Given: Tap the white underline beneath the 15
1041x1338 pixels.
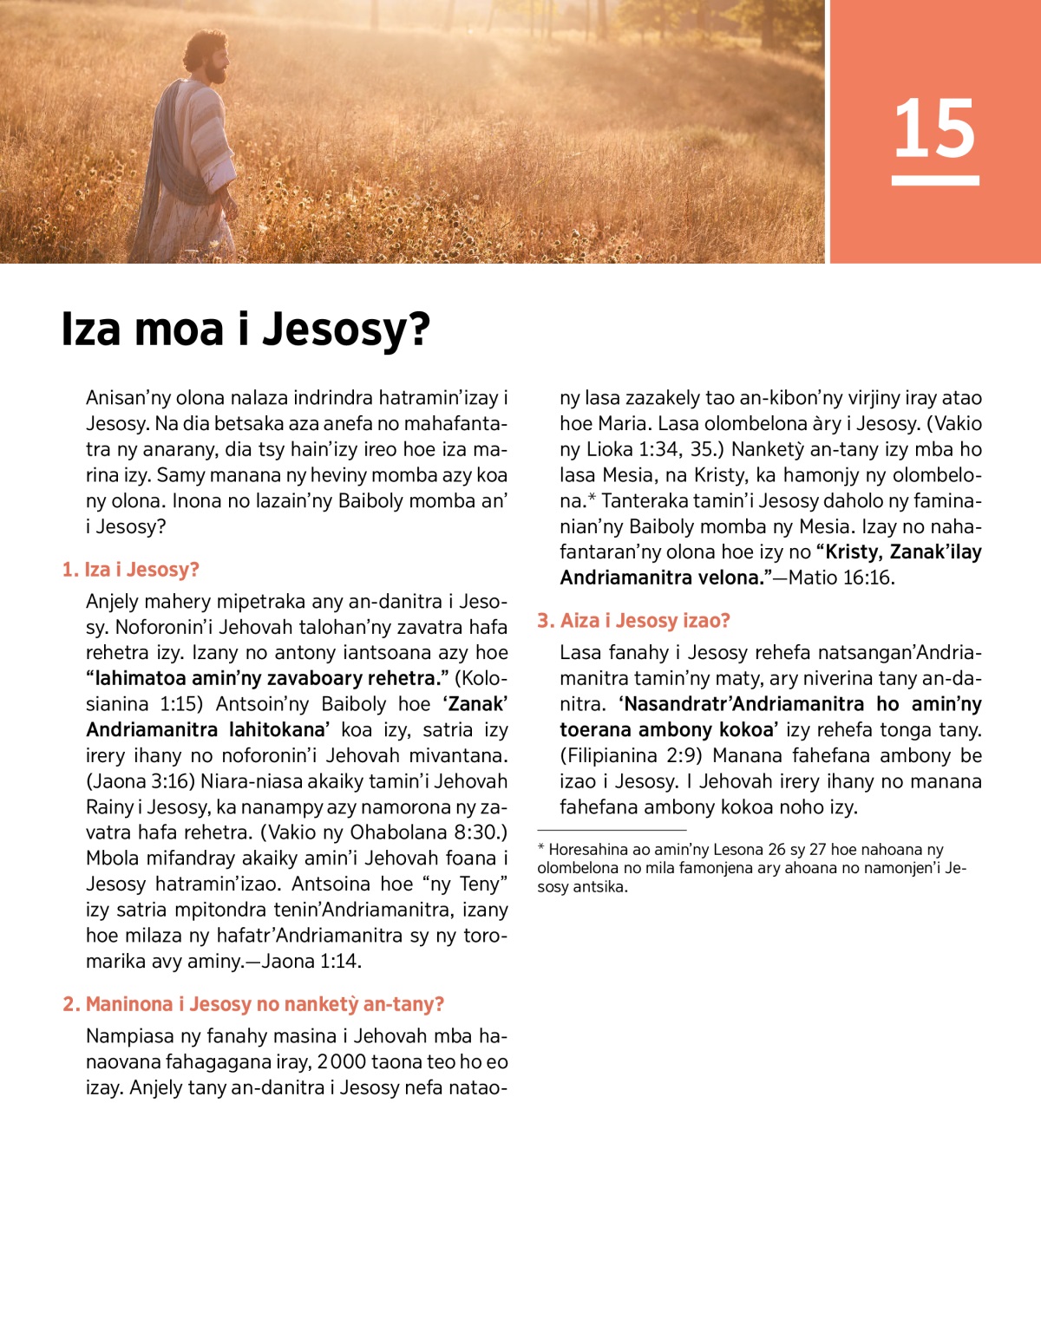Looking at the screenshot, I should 935,180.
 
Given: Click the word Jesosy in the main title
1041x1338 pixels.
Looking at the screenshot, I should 345,330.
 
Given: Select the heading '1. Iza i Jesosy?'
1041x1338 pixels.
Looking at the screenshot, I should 130,570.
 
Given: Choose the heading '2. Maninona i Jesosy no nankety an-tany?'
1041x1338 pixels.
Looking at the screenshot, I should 253,1004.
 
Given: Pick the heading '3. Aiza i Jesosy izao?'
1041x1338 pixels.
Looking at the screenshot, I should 633,621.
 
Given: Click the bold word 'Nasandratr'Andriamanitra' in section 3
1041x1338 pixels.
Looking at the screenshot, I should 743,704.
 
